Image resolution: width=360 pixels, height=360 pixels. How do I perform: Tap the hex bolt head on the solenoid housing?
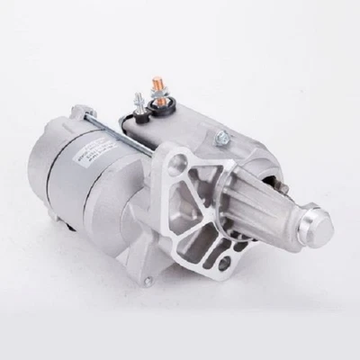tap(221, 138)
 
